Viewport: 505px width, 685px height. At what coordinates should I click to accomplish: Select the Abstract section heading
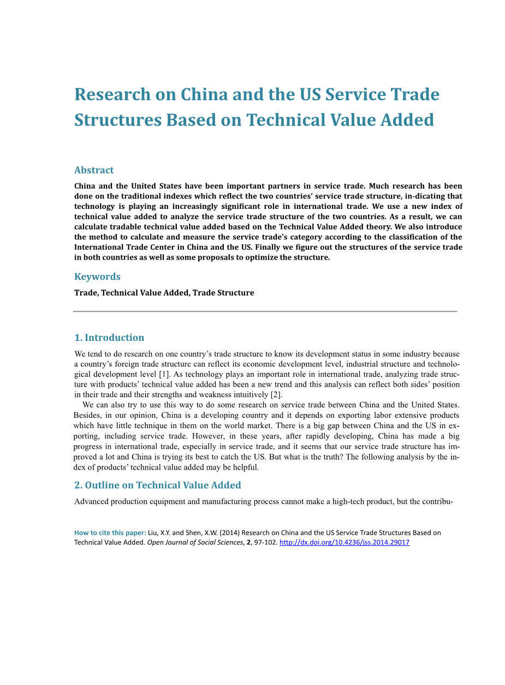click(94, 170)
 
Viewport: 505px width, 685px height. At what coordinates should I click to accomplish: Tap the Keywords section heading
click(97, 277)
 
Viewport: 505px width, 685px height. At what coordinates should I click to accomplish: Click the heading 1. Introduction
click(109, 338)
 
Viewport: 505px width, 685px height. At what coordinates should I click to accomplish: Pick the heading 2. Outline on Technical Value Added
click(157, 485)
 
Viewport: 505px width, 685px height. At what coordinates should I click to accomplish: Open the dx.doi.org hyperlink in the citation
click(344, 543)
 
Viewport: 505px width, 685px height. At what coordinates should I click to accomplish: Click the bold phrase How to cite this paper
click(110, 533)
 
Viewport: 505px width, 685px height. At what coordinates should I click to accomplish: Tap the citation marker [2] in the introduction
click(276, 395)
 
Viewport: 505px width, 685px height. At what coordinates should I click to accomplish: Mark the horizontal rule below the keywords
click(265, 311)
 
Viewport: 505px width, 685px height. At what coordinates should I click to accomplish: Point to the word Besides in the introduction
click(87, 416)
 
